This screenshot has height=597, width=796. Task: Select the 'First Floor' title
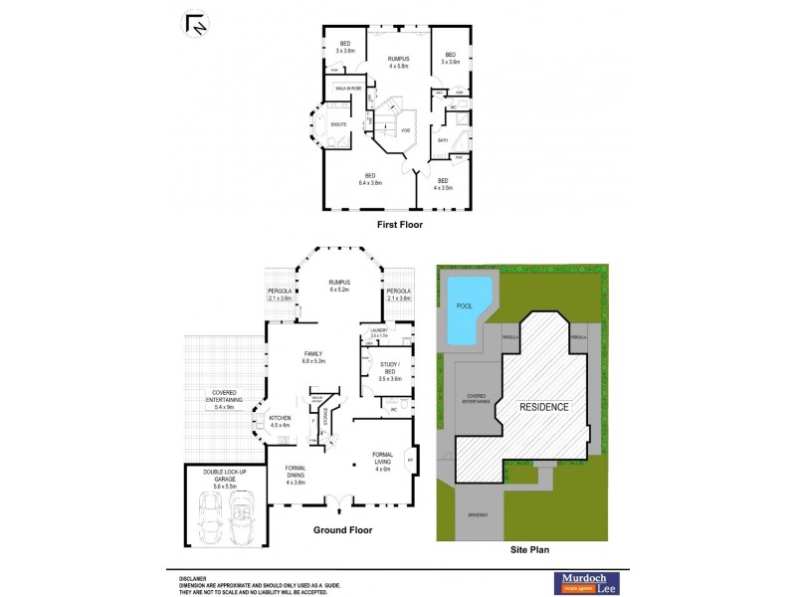coord(400,225)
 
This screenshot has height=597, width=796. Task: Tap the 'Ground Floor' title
coord(342,530)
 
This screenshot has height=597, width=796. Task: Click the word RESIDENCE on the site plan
coord(543,407)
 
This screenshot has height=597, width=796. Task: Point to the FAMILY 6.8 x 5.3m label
coord(315,357)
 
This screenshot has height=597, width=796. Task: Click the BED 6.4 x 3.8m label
coord(372,179)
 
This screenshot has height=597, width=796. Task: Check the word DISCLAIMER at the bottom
coord(193,577)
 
